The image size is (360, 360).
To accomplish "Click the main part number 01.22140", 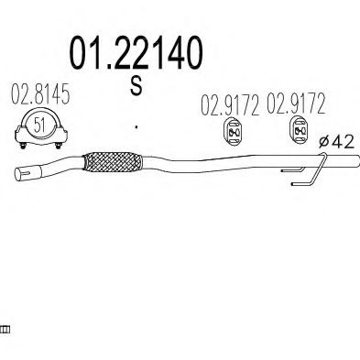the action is click(x=136, y=53).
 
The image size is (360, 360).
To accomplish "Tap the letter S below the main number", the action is click(x=136, y=85).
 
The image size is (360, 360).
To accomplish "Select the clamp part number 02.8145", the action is click(x=40, y=93).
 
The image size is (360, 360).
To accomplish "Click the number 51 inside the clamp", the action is click(x=39, y=125).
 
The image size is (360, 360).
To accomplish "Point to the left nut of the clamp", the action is click(x=23, y=146).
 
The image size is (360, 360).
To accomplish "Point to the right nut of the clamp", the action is click(x=59, y=146).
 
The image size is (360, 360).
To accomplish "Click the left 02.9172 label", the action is click(x=230, y=104).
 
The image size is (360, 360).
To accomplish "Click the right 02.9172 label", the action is click(x=296, y=104).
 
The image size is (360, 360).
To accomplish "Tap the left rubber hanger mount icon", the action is click(x=234, y=132).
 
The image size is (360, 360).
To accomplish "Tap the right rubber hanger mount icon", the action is click(x=299, y=130).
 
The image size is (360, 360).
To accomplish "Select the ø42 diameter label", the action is click(x=336, y=142).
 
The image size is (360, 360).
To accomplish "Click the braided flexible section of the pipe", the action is click(x=113, y=162).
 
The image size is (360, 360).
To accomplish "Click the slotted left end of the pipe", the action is click(x=23, y=174).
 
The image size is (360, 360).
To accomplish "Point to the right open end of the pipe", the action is click(x=356, y=161).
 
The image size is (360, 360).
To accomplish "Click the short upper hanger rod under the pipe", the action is click(x=292, y=169).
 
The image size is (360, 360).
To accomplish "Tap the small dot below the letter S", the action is click(x=136, y=126).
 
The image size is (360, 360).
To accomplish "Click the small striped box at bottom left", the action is click(x=5, y=330).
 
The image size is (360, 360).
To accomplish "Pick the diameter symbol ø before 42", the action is click(x=324, y=142).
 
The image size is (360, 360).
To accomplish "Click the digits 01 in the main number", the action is click(x=86, y=53).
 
